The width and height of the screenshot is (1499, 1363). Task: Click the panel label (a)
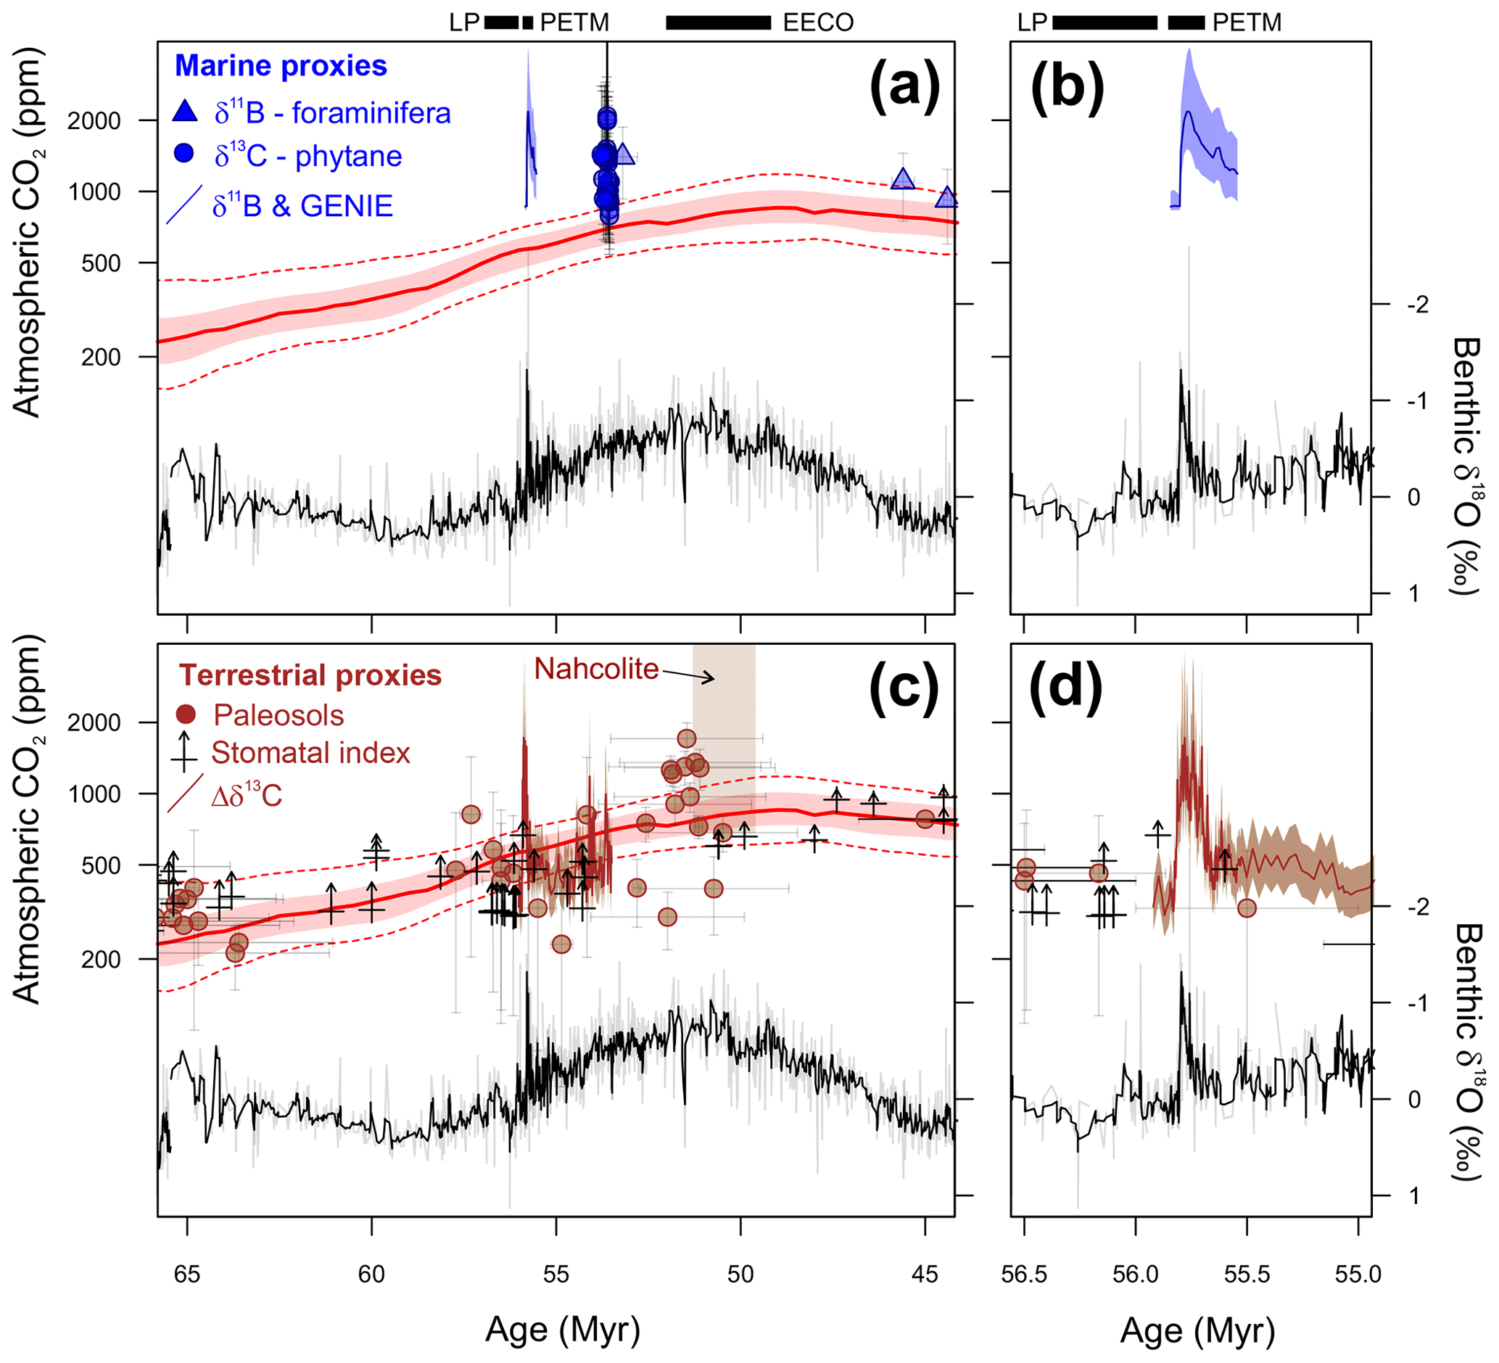(x=905, y=87)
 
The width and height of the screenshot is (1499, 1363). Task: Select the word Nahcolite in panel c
(x=596, y=670)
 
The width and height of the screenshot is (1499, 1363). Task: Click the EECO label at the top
(x=818, y=23)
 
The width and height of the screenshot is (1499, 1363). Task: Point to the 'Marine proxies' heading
(x=281, y=66)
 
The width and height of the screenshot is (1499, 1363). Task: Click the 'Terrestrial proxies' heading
(x=310, y=675)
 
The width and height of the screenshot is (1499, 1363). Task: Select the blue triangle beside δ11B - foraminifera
(x=184, y=112)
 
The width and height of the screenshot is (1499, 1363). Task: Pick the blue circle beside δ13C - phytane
(x=183, y=153)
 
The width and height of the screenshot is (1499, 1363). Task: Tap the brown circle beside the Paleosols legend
(x=185, y=715)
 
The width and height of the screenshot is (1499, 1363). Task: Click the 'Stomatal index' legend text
(x=310, y=753)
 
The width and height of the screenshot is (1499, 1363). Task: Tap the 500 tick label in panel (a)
(x=99, y=263)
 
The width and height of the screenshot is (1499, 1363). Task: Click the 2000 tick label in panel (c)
(x=94, y=722)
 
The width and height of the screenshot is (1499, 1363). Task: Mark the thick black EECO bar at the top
(x=718, y=23)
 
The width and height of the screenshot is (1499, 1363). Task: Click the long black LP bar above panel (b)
(x=1105, y=23)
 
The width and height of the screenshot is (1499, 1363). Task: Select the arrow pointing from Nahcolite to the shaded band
(x=687, y=675)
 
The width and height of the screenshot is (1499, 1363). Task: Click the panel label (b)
(x=1066, y=87)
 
